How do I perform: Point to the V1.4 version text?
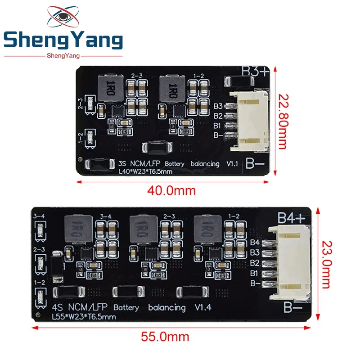[203, 308]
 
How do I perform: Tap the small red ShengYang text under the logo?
[63, 55]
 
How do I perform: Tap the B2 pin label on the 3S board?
[218, 116]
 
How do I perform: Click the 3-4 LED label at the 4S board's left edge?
[39, 217]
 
